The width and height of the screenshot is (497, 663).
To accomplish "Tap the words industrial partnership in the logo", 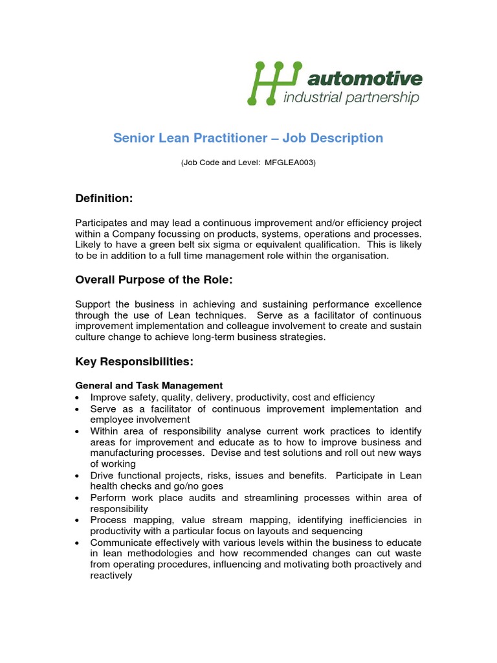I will coord(352,98).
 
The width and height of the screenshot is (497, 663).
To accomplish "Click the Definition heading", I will coord(104,197).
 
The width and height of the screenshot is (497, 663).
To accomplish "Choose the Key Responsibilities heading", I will coord(134,361).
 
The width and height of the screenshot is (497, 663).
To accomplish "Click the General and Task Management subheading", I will coord(149,385).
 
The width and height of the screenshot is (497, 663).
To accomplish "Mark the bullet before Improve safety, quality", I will coord(78,398).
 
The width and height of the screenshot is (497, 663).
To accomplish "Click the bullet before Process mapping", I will coord(78,520).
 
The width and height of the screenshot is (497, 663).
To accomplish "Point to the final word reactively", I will coord(111,575).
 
